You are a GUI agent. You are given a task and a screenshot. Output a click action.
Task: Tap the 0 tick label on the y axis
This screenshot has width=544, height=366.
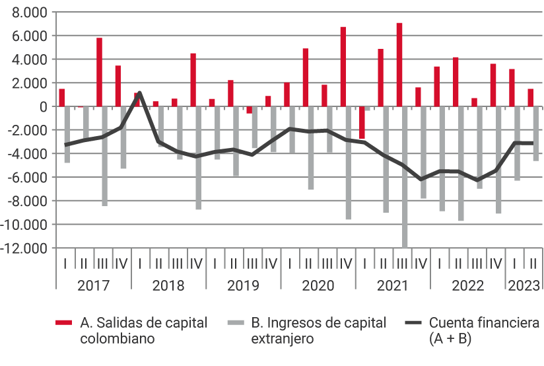coord(44,106)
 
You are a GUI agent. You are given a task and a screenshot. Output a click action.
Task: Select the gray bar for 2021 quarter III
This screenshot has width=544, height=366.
coord(405,176)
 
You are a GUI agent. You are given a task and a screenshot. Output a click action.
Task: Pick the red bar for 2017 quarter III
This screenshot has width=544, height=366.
coord(100,72)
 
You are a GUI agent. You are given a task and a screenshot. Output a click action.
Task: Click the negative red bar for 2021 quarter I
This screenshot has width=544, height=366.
coord(362,122)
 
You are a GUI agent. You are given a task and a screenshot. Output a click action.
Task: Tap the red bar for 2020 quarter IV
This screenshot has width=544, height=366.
coord(343,67)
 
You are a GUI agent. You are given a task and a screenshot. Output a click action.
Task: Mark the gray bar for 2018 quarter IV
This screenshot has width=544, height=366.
coord(199,158)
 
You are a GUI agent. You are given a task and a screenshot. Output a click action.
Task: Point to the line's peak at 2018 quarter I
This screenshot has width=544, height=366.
coord(139,92)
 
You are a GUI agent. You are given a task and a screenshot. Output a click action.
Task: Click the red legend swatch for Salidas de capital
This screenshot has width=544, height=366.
coord(63,323)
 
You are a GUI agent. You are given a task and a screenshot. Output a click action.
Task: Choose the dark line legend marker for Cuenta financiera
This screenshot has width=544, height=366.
coord(413,323)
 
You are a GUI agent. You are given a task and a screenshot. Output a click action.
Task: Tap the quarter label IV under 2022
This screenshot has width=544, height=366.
coord(496,264)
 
